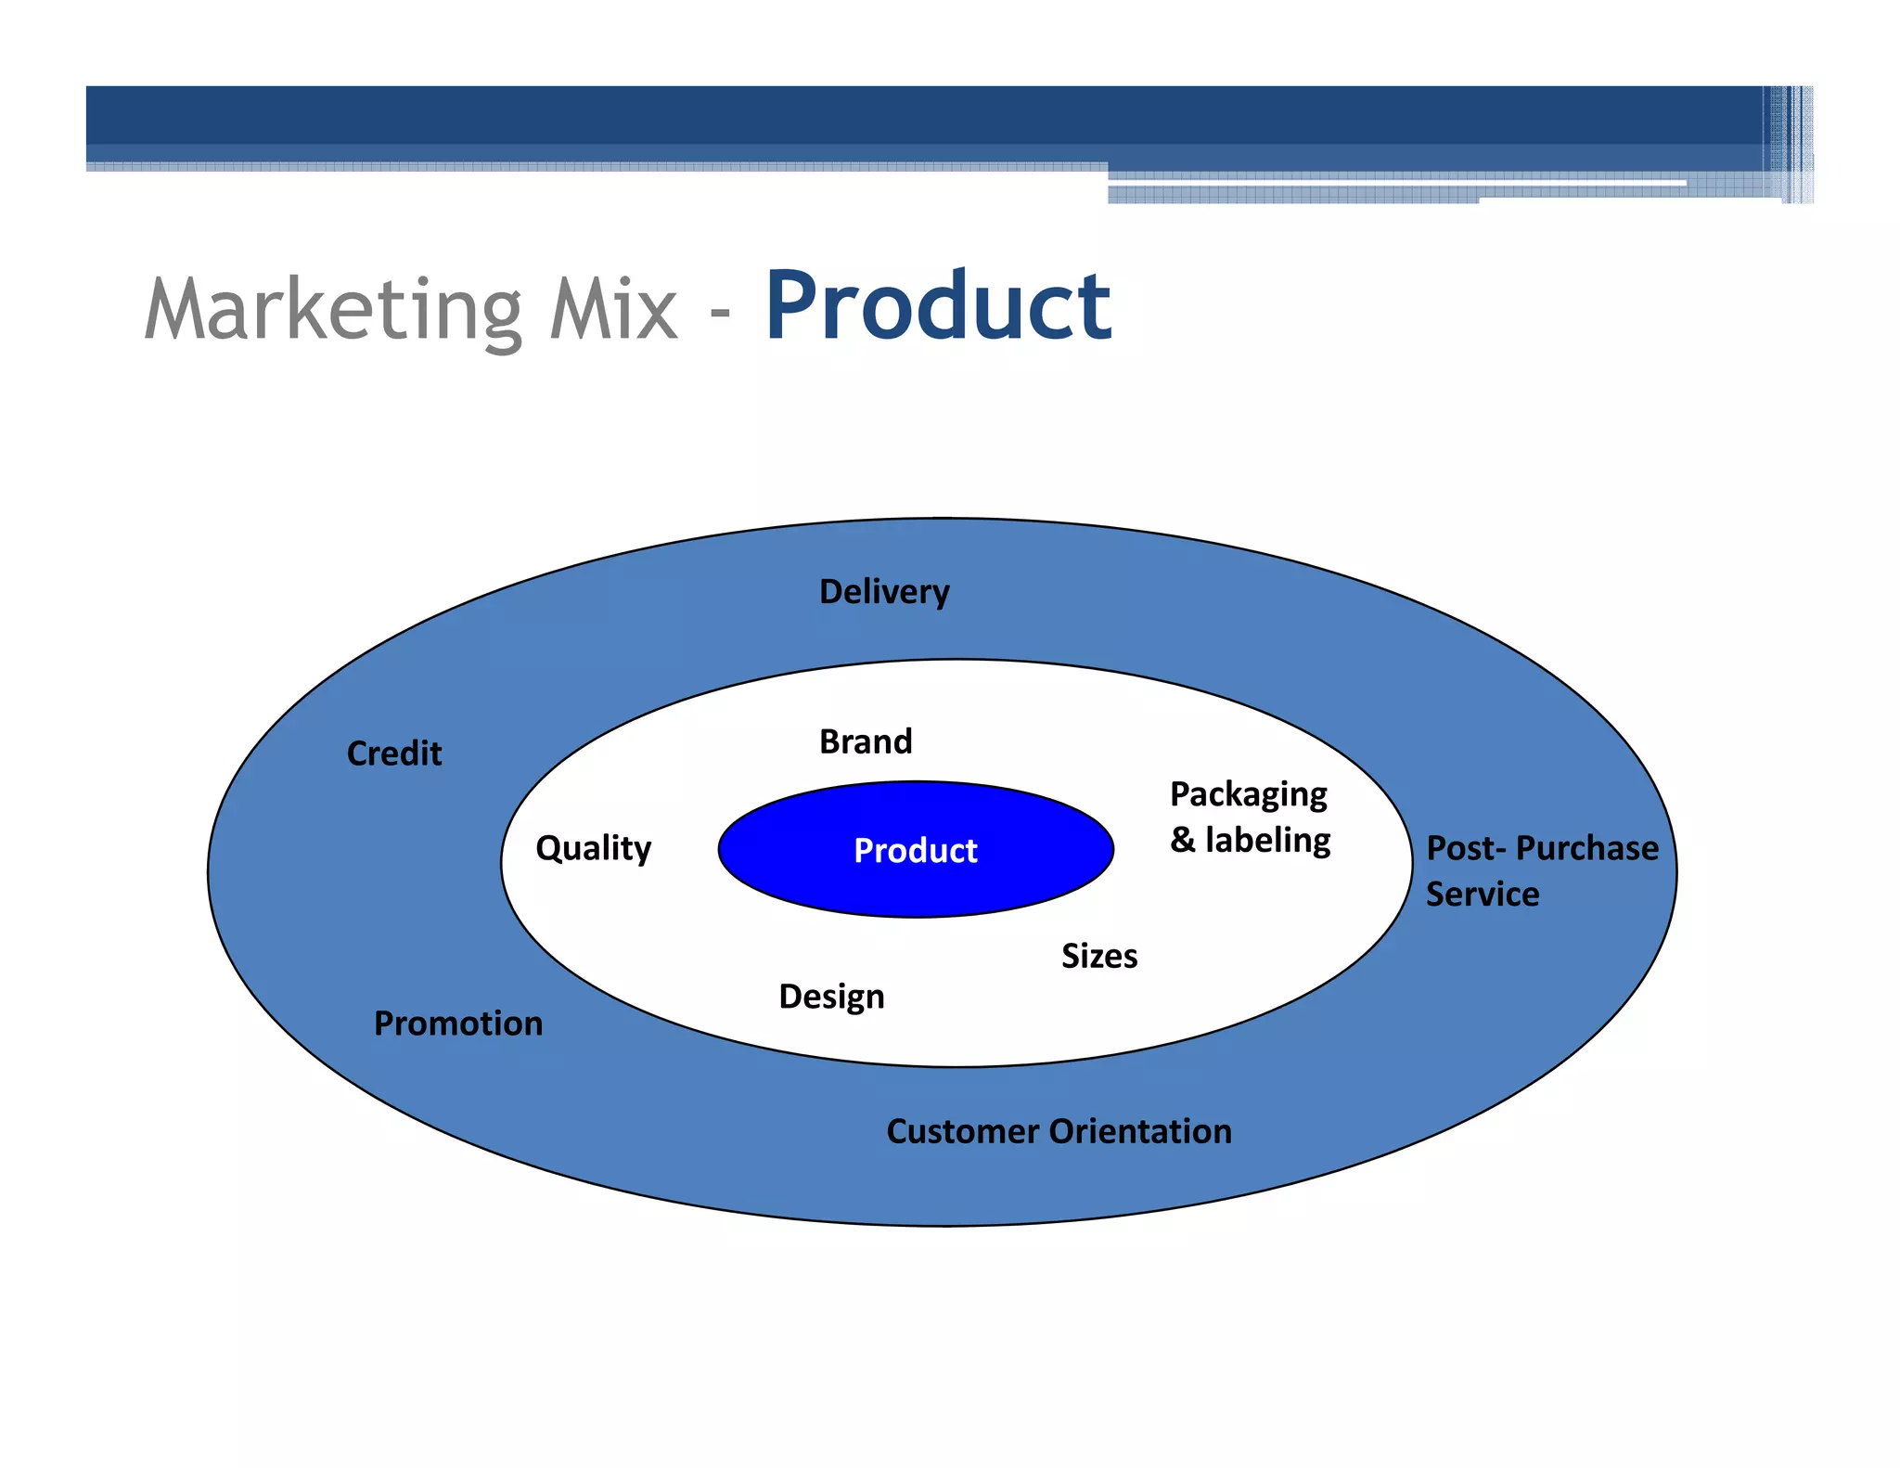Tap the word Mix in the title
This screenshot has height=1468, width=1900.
tap(613, 310)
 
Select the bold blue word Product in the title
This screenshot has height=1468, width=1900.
tap(937, 306)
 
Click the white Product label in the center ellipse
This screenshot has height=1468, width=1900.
tap(915, 851)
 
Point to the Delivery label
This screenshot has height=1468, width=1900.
tap(884, 592)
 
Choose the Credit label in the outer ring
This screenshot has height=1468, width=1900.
tap(394, 753)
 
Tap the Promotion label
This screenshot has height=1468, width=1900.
tap(458, 1024)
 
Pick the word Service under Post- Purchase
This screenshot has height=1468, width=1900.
tap(1483, 895)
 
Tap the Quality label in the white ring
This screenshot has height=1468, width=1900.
tap(594, 848)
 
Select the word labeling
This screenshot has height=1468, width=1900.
tap(1267, 841)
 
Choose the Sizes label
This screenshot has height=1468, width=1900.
tap(1099, 957)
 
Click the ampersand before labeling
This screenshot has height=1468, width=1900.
tap(1182, 841)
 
